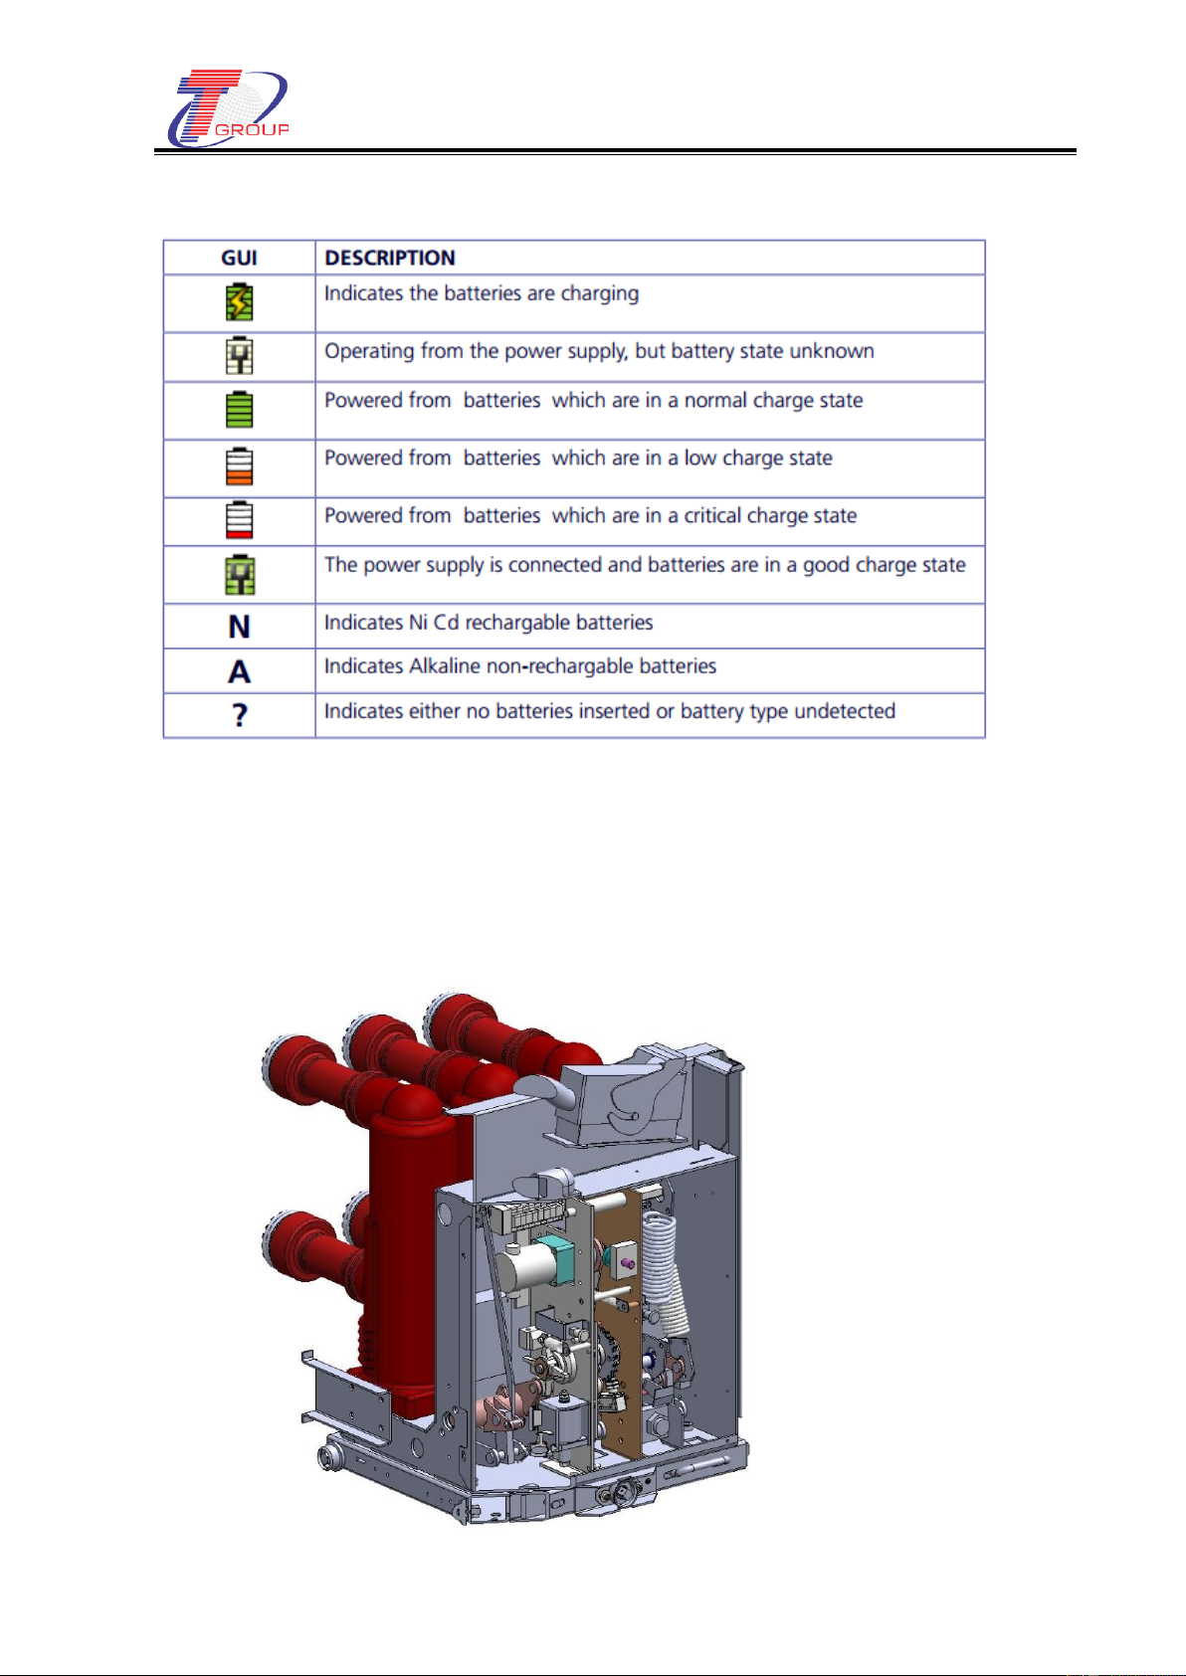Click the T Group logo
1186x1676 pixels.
click(x=228, y=108)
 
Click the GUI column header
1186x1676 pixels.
click(x=239, y=258)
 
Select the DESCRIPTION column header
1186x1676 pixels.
click(x=390, y=258)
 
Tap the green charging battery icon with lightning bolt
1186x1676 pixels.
click(x=239, y=302)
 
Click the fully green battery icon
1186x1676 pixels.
click(x=239, y=409)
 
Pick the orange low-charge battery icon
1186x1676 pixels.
click(x=239, y=466)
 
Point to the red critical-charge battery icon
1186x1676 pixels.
click(x=239, y=520)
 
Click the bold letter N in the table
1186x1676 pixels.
click(x=239, y=627)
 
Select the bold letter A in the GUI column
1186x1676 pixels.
click(x=239, y=671)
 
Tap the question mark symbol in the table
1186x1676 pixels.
click(x=239, y=714)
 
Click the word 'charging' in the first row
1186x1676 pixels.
click(x=600, y=293)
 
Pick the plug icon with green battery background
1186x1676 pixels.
click(x=239, y=575)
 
